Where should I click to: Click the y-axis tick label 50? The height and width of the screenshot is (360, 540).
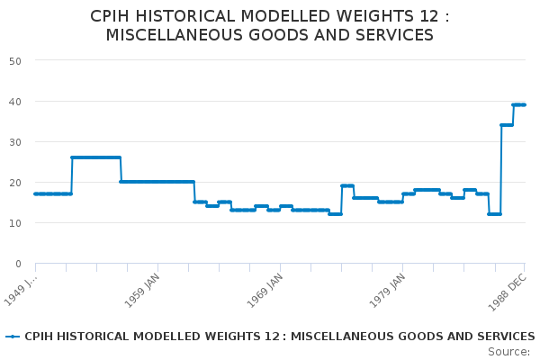tap(15, 60)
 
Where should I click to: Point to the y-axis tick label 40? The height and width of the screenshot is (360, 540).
tap(15, 101)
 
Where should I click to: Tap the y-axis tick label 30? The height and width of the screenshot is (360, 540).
tap(15, 141)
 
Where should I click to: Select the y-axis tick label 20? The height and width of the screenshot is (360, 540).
tap(15, 182)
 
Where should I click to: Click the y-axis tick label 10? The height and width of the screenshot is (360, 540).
tap(15, 222)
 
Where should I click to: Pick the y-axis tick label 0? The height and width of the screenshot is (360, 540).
tap(18, 263)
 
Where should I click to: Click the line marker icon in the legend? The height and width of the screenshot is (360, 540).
tap(13, 337)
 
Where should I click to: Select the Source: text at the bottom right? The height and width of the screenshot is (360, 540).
tap(508, 352)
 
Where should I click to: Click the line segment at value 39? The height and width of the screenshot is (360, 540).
tap(518, 104)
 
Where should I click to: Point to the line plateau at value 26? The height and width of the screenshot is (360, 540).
tap(95, 157)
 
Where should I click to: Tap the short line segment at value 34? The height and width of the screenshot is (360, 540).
tap(507, 125)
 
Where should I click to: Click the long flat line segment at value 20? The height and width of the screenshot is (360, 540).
tap(157, 182)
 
